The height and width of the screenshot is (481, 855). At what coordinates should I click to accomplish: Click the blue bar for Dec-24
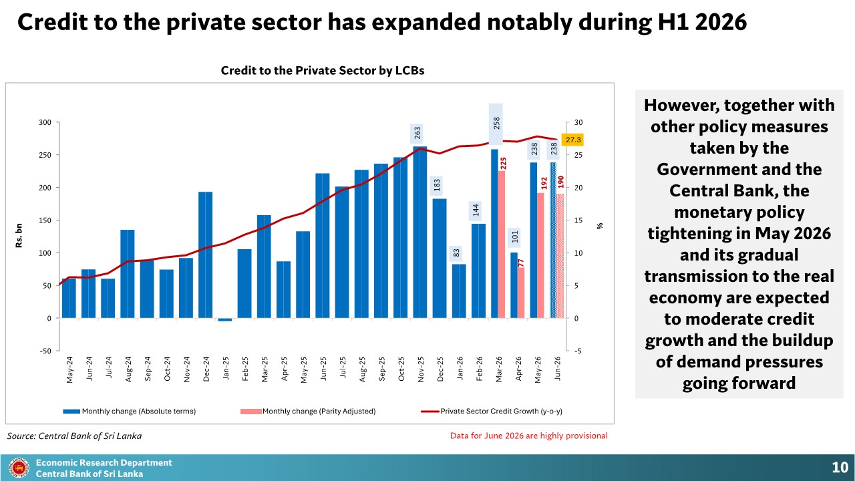click(205, 255)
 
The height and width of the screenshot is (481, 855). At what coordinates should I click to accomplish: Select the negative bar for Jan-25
click(225, 319)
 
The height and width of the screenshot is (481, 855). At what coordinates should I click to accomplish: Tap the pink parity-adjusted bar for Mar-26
click(502, 245)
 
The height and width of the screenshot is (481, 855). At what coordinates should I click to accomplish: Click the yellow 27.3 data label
click(572, 140)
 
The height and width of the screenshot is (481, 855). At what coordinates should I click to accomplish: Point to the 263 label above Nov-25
click(417, 133)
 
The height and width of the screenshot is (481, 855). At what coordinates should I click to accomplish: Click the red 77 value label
click(521, 263)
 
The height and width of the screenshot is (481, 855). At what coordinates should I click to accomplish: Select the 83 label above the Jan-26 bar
click(456, 253)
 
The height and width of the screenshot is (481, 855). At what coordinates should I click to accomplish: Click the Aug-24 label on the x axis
click(128, 369)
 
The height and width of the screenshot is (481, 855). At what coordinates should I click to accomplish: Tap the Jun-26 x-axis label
click(557, 368)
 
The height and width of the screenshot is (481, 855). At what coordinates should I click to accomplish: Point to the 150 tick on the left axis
click(45, 220)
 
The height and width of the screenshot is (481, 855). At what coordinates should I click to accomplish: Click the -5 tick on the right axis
click(578, 351)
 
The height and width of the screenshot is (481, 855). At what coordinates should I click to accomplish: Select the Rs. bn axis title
click(19, 236)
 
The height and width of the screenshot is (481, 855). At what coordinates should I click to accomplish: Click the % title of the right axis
click(600, 226)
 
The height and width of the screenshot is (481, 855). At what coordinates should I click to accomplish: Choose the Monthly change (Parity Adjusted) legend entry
click(308, 411)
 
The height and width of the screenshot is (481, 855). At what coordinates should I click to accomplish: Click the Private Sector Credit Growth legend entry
click(492, 411)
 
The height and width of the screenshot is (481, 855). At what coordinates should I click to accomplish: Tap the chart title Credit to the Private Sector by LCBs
click(323, 71)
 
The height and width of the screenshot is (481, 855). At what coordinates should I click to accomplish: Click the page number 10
click(840, 467)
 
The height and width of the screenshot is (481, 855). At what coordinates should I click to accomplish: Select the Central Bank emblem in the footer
click(19, 468)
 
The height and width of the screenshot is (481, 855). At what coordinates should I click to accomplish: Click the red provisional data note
click(528, 436)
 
